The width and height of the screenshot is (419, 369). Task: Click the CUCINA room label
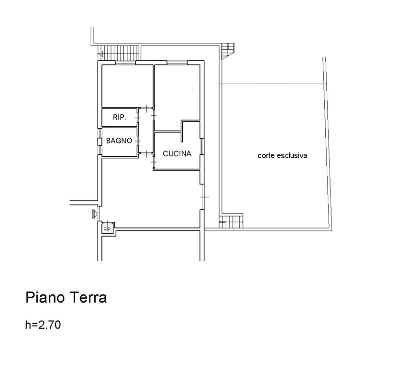click(x=177, y=153)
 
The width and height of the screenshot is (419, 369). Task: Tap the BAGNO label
click(x=119, y=141)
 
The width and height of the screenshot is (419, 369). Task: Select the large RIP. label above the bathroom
click(x=119, y=117)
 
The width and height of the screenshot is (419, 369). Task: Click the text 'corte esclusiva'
click(x=282, y=156)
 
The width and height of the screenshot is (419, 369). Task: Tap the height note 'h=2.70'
click(x=43, y=325)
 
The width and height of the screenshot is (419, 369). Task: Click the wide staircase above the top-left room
click(x=119, y=52)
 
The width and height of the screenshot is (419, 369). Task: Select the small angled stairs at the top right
click(x=228, y=51)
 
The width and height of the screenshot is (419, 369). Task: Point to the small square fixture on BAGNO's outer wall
click(x=99, y=141)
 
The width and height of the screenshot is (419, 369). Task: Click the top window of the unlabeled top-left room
click(x=125, y=62)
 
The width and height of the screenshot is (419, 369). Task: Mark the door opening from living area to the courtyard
click(x=203, y=197)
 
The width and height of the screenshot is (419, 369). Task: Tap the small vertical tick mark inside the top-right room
click(x=192, y=88)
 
